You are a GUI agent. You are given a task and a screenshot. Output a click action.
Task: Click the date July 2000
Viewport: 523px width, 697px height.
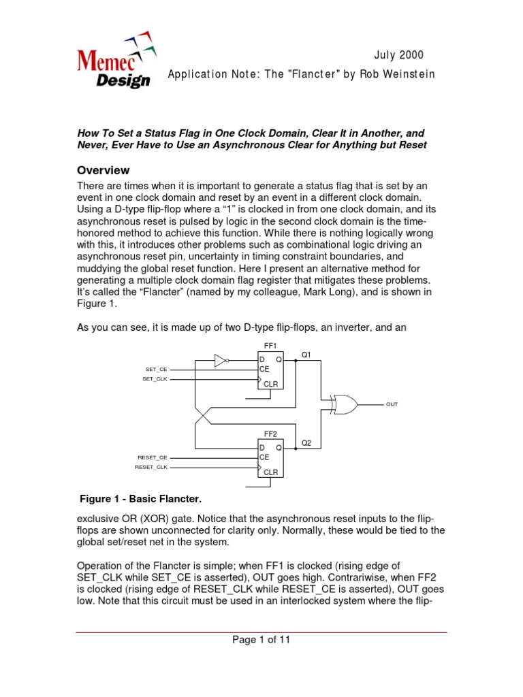[399, 55]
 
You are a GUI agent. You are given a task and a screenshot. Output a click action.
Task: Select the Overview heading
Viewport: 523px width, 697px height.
[103, 170]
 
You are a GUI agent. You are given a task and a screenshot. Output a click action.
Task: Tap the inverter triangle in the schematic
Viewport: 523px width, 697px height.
[220, 360]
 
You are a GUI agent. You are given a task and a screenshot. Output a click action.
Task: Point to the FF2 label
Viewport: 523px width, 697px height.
[270, 434]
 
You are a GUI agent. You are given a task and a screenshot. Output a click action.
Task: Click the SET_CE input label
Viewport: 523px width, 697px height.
[155, 369]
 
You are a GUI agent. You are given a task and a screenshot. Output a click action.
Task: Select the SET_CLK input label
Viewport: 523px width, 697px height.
[155, 378]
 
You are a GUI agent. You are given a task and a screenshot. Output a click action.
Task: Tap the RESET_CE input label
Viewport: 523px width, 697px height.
[152, 458]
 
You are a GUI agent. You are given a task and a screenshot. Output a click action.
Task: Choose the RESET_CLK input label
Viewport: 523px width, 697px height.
[150, 468]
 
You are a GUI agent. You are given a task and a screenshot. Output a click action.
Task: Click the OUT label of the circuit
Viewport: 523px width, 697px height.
[392, 404]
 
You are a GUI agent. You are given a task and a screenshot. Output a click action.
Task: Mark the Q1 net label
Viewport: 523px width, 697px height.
[306, 355]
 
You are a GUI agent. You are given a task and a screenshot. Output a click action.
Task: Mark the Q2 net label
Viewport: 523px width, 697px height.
[306, 442]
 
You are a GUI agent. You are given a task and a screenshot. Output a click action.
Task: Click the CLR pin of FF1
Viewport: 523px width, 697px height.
[270, 384]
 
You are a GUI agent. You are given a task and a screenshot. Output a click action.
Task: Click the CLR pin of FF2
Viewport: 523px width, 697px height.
[270, 472]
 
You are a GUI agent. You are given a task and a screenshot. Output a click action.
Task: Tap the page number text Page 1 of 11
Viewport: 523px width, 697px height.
[261, 640]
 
